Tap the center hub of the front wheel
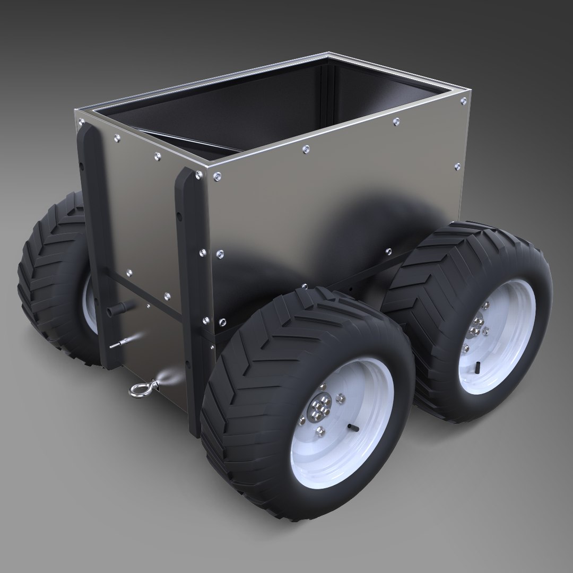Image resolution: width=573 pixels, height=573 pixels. click(x=319, y=411)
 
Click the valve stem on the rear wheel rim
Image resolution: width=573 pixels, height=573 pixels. click(x=478, y=366)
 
